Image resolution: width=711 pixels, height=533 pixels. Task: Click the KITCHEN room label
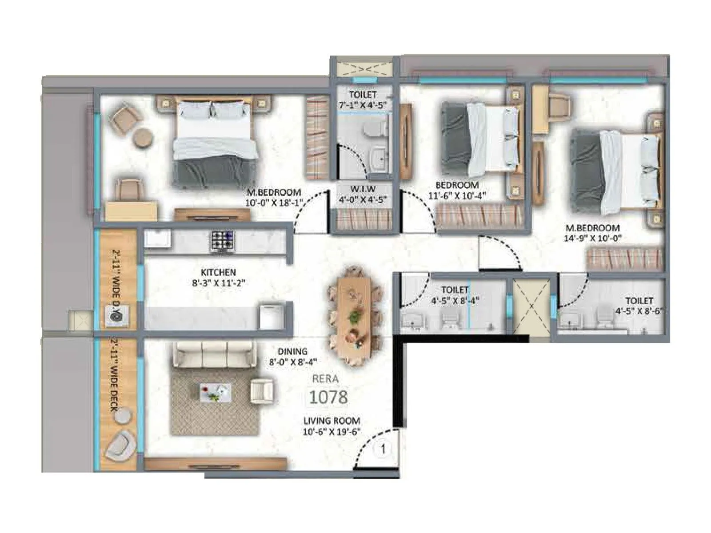click(218, 272)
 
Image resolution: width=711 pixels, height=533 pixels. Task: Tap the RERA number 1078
click(328, 397)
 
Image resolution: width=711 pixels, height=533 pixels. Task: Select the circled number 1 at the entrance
click(383, 449)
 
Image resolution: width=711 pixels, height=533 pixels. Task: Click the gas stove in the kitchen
click(222, 241)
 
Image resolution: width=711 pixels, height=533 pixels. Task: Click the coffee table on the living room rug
click(215, 392)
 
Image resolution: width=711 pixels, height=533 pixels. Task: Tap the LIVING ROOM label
click(332, 421)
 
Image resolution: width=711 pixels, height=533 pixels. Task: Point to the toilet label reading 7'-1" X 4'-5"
click(363, 106)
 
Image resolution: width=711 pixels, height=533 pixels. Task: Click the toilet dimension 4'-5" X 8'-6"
click(639, 311)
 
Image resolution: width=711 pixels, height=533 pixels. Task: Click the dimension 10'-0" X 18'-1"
click(273, 203)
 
